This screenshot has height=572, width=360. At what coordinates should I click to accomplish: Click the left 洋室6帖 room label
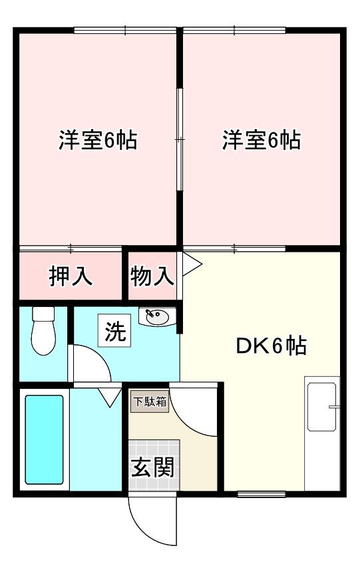point(97,141)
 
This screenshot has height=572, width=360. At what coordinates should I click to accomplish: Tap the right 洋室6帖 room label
point(262,141)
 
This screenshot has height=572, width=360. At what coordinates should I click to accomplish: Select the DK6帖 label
point(271,346)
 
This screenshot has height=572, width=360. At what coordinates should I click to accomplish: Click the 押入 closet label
point(71,275)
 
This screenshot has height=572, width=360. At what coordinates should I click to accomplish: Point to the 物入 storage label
point(152,275)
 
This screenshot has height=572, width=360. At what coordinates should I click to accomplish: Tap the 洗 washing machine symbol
point(115,332)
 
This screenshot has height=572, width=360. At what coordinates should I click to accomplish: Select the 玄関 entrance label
point(152,467)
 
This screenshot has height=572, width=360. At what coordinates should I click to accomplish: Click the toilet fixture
point(45,332)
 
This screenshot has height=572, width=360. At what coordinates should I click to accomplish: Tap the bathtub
point(45,439)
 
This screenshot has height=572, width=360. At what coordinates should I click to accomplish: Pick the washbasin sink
point(157,318)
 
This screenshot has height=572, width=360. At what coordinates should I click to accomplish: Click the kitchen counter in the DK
point(321,433)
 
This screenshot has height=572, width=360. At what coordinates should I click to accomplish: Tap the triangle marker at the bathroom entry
point(107,398)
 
